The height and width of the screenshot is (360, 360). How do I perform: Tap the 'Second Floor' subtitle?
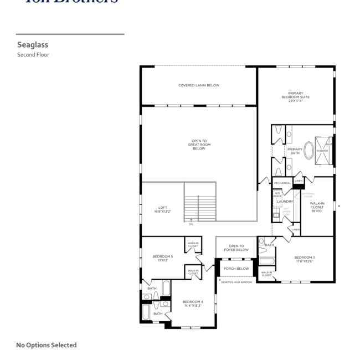(33, 55)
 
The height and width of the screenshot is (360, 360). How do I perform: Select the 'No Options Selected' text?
(47, 345)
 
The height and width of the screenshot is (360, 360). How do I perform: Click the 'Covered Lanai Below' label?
(199, 85)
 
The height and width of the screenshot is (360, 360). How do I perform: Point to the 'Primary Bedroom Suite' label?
(295, 97)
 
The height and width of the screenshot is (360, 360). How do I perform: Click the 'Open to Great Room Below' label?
(199, 145)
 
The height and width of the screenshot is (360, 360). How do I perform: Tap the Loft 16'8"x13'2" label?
(162, 209)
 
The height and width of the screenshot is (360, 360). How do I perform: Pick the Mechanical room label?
(282, 183)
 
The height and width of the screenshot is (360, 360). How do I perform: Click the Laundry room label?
(285, 201)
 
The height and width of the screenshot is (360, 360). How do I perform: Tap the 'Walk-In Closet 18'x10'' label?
(317, 207)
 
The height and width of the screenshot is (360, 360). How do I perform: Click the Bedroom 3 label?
(305, 259)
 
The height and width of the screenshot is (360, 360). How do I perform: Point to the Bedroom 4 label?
(193, 303)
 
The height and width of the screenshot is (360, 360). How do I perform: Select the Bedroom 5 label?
(163, 258)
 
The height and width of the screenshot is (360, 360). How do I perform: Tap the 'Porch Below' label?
(236, 269)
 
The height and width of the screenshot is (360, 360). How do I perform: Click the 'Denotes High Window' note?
(236, 282)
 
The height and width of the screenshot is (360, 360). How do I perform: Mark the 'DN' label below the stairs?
(191, 224)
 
